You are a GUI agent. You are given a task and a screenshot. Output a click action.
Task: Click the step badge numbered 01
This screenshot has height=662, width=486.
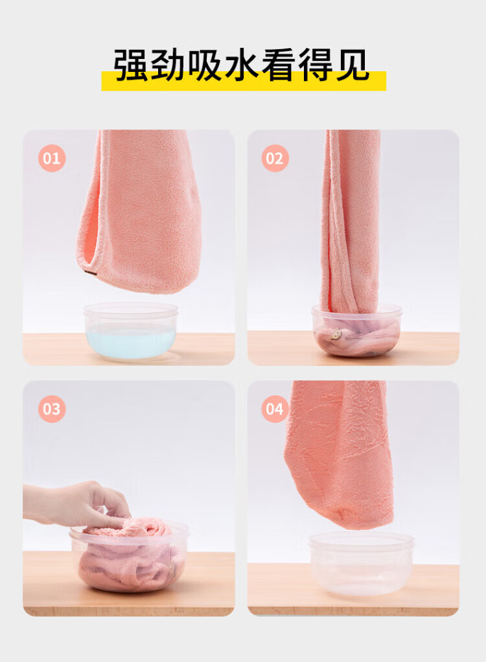51,158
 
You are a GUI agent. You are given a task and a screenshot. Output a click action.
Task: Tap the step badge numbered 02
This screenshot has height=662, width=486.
275,158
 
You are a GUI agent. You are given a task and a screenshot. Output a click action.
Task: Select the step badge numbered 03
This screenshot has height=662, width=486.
51,409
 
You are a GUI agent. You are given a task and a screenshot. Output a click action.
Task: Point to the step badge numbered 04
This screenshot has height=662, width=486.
275,409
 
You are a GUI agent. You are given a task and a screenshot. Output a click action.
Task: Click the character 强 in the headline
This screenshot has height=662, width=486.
130,65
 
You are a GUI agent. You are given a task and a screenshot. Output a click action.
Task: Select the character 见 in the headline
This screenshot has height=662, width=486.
352,65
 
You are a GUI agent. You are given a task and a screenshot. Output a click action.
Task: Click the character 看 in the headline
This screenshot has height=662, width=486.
278,65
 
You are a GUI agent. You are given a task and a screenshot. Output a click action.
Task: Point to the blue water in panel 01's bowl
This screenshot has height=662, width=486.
130,344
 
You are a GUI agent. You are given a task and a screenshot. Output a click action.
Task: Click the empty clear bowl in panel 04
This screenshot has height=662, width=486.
362,564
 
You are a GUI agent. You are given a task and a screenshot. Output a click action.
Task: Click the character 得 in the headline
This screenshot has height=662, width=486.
315,65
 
